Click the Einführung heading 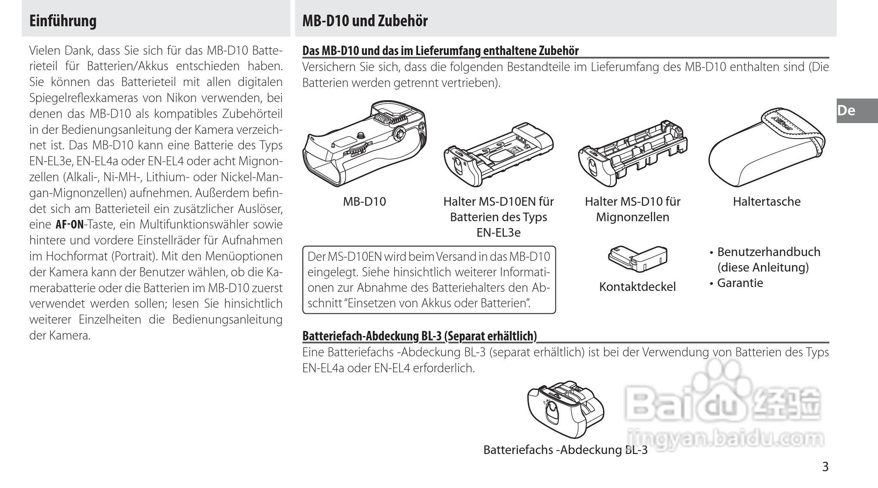(x=63, y=21)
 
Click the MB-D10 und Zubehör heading (x=365, y=21)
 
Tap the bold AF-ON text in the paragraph (x=70, y=225)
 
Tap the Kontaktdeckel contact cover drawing (x=638, y=258)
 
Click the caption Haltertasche (x=767, y=201)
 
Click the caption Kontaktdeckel (x=638, y=287)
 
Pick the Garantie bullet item (x=740, y=283)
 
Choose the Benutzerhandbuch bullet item (x=768, y=252)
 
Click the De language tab (x=847, y=111)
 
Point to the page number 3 (x=825, y=466)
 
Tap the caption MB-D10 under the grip (x=364, y=201)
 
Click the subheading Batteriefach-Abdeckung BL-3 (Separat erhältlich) (x=419, y=336)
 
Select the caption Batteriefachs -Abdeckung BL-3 (x=565, y=450)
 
